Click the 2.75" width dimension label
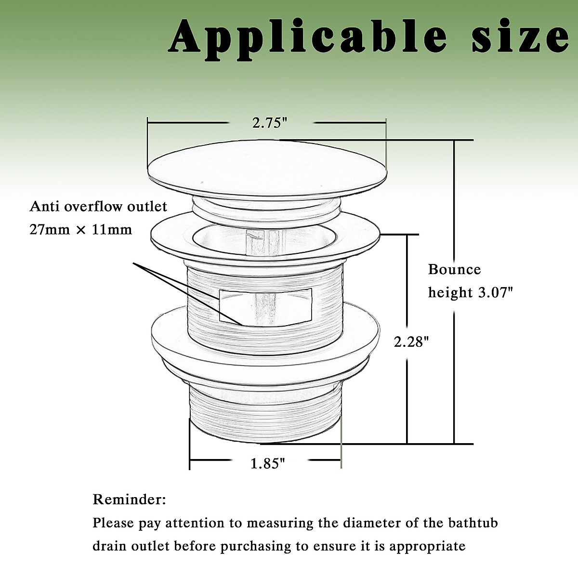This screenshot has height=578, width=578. (270, 123)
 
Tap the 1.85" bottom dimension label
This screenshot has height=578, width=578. (268, 464)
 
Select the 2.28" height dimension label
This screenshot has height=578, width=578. (411, 342)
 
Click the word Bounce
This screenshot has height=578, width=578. (454, 269)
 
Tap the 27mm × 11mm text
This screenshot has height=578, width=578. (81, 229)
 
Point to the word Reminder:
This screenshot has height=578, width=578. (129, 499)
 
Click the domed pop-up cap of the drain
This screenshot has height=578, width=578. (267, 166)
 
